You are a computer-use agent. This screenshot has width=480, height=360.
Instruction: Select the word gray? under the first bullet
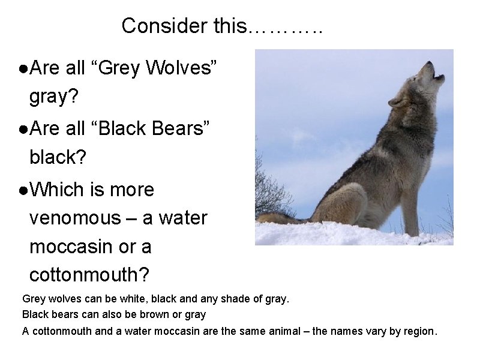54,97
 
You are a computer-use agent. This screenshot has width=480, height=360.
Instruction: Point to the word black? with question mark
58,158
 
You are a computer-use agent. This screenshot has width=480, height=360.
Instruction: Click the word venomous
75,218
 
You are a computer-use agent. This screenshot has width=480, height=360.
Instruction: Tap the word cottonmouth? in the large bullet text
91,275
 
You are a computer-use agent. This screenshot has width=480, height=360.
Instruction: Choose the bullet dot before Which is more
22,191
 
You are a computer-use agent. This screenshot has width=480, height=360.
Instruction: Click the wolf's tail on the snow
282,218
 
